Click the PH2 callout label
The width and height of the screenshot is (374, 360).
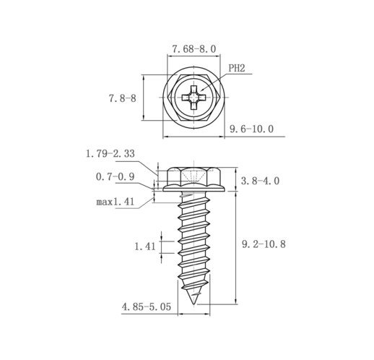[236, 68]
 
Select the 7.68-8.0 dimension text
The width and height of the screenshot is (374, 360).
[194, 49]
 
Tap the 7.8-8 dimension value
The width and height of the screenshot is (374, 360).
[123, 98]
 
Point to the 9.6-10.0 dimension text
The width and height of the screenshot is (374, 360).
[251, 129]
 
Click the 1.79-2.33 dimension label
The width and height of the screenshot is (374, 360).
[110, 153]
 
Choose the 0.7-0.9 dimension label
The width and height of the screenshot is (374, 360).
[115, 177]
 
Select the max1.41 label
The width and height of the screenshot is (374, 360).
[115, 202]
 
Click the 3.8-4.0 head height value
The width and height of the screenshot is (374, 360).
[260, 181]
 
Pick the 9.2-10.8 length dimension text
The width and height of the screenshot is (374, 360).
[264, 244]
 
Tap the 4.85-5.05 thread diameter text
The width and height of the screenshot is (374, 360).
[147, 307]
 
